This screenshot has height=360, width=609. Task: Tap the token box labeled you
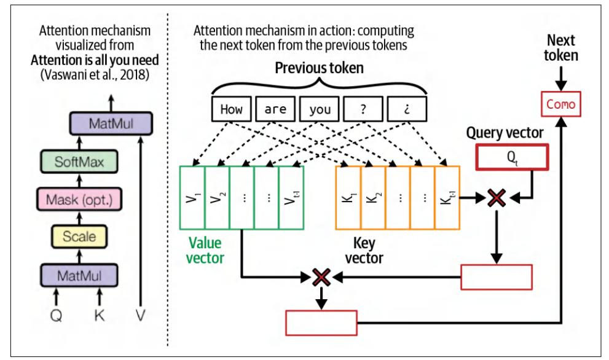tap(320, 111)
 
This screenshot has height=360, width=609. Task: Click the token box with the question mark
tap(364, 111)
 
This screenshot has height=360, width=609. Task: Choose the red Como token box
tap(560, 104)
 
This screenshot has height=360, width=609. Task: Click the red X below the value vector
tap(320, 277)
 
